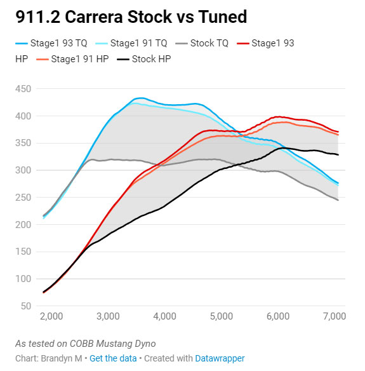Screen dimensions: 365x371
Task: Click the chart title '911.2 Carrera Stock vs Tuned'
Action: pyautogui.click(x=131, y=17)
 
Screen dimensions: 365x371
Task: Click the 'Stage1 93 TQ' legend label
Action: pyautogui.click(x=58, y=43)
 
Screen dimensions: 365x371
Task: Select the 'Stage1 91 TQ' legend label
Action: pyautogui.click(x=138, y=43)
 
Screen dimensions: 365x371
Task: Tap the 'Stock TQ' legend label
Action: pyautogui.click(x=209, y=43)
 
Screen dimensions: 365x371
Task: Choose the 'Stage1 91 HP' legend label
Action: pyautogui.click(x=80, y=59)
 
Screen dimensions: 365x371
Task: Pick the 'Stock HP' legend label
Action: pyautogui.click(x=151, y=59)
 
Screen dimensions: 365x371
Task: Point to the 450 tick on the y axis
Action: pyautogui.click(x=23, y=89)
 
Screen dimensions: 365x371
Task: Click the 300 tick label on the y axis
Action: pyautogui.click(x=23, y=170)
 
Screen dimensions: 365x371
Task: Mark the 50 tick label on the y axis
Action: pyautogui.click(x=26, y=306)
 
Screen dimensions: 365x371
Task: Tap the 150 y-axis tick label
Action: pyautogui.click(x=23, y=252)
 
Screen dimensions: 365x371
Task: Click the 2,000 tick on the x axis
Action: pyautogui.click(x=51, y=316)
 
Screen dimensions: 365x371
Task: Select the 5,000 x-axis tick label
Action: pyautogui.click(x=222, y=316)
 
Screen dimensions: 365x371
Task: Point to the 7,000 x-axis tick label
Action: pyautogui.click(x=335, y=316)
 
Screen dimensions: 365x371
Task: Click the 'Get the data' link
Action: pyautogui.click(x=113, y=358)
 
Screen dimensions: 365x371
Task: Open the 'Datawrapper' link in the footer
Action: pyautogui.click(x=220, y=358)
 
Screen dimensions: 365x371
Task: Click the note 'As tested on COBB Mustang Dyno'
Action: pyautogui.click(x=86, y=344)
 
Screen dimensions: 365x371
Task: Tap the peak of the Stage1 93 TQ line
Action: pyautogui.click(x=141, y=98)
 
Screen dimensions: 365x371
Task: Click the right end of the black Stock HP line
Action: pyautogui.click(x=338, y=155)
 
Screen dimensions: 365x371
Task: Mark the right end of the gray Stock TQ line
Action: pyautogui.click(x=338, y=200)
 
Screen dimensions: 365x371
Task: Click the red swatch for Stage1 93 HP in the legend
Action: pyautogui.click(x=243, y=43)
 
